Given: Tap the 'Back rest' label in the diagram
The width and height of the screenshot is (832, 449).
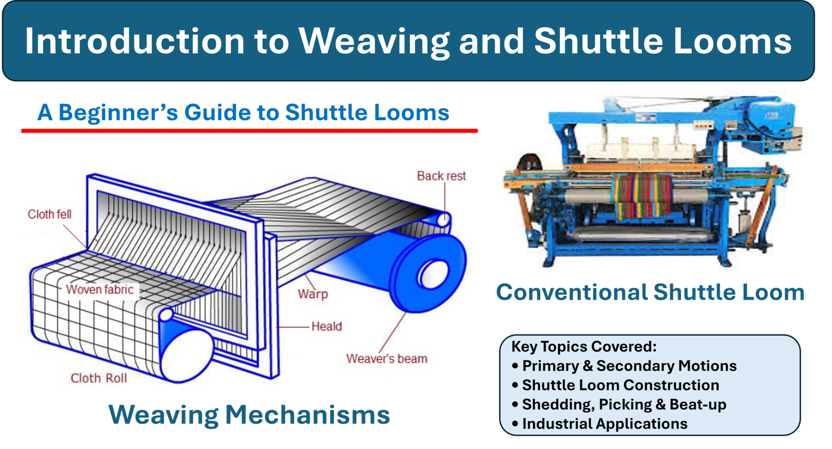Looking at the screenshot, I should click(x=441, y=176).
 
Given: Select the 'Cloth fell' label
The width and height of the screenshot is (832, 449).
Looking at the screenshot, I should click(x=49, y=214).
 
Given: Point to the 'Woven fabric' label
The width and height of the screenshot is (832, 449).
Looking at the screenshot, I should click(x=99, y=290).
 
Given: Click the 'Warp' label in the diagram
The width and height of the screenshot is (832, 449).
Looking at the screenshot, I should click(x=313, y=294).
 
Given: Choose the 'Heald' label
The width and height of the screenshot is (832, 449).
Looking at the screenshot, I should click(x=327, y=327).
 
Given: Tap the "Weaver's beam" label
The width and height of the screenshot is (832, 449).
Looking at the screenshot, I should click(x=386, y=359).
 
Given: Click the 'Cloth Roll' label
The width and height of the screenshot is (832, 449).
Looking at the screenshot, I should click(x=98, y=378).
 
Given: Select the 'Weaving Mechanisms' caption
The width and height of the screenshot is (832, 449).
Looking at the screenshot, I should click(x=249, y=415).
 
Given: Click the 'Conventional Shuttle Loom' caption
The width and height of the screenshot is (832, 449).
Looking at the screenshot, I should click(x=650, y=292).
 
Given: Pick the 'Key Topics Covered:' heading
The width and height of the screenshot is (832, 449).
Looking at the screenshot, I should click(x=584, y=347).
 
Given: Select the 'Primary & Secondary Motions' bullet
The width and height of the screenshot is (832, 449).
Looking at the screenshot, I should click(x=629, y=366).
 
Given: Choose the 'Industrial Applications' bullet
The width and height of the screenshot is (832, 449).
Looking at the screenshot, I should click(x=604, y=424).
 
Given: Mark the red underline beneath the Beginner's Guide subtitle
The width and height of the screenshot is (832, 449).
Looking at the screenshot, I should click(x=249, y=131).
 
